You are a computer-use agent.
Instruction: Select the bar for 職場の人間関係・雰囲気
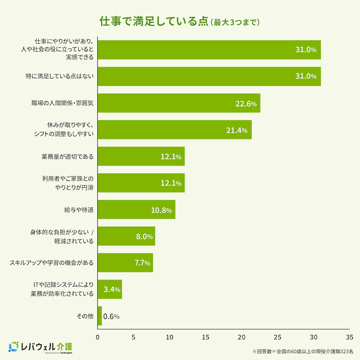pyautogui.click(x=179, y=103)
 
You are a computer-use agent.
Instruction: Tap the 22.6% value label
pyautogui.click(x=246, y=103)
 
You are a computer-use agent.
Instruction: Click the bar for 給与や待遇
pyautogui.click(x=136, y=210)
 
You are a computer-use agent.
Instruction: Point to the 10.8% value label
pyautogui.click(x=162, y=210)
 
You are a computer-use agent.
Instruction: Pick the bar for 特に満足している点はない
pyautogui.click(x=209, y=76)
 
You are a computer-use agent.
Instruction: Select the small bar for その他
pyautogui.click(x=99, y=316)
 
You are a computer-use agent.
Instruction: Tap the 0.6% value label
pyautogui.click(x=111, y=316)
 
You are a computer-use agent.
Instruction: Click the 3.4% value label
pyautogui.click(x=112, y=290)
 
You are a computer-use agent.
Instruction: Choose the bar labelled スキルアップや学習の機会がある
pyautogui.click(x=125, y=263)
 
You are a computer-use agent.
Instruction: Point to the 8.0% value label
pyautogui.click(x=144, y=237)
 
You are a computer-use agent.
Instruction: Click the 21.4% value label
pyautogui.click(x=237, y=130)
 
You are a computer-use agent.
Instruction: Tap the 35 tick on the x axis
pyautogui.click(x=349, y=337)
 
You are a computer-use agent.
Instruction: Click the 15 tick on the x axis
pyautogui.click(x=206, y=337)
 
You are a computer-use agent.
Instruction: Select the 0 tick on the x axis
pyautogui.click(x=98, y=337)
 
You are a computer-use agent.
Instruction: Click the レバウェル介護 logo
pyautogui.click(x=40, y=347)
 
